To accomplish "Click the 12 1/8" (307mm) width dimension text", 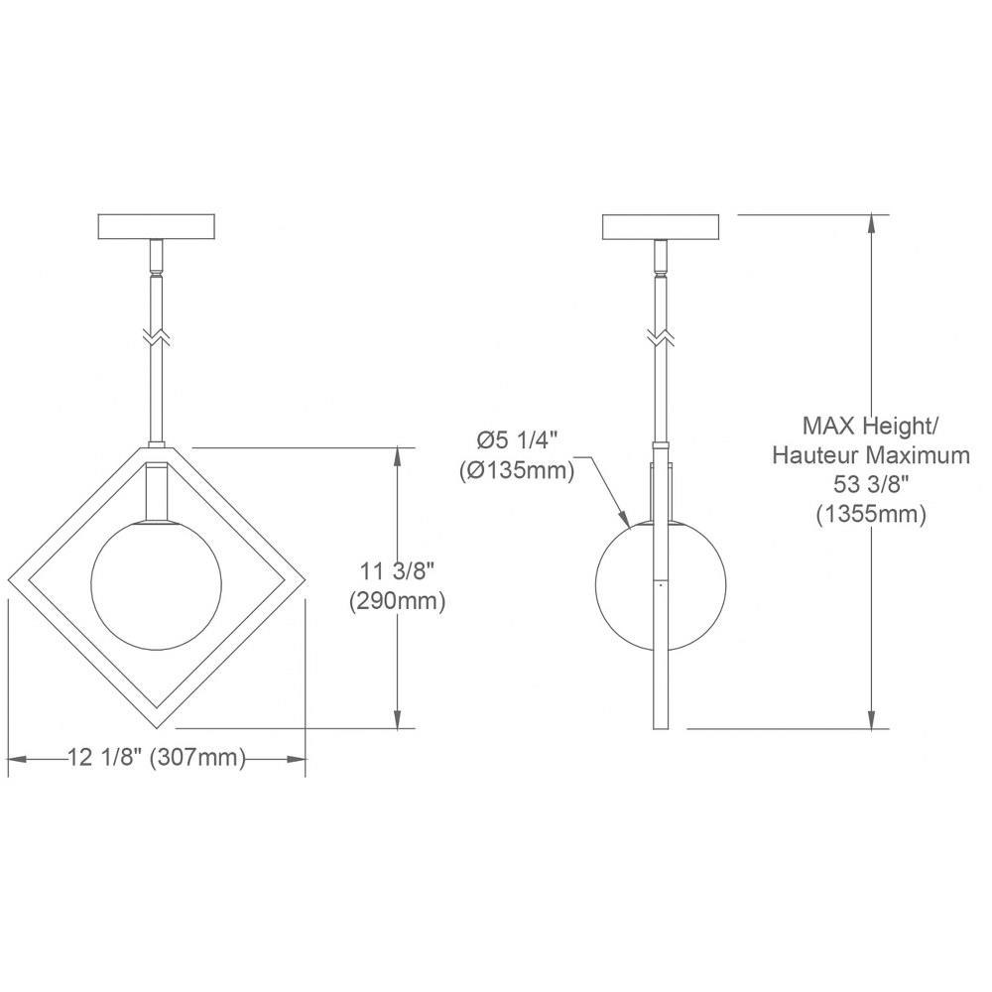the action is coord(157,757).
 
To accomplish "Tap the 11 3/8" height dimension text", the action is coord(397,572).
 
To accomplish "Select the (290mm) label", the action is coord(398,601).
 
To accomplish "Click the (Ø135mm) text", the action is coord(517,470).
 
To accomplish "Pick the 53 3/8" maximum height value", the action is coord(871,485).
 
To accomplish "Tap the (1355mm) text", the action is coord(871,514).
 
